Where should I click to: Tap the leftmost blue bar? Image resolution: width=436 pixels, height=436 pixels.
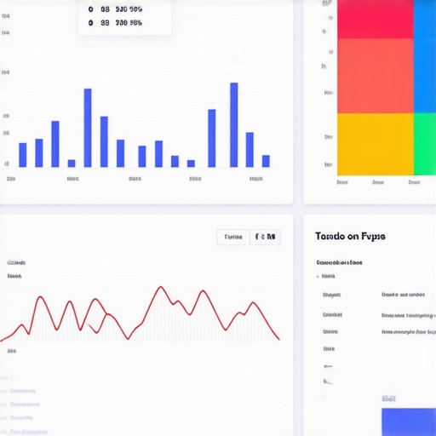(22, 155)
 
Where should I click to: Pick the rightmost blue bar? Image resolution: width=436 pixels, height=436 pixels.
(266, 161)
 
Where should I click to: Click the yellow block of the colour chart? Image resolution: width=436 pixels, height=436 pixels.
(375, 144)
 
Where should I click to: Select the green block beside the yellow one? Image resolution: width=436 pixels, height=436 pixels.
(424, 144)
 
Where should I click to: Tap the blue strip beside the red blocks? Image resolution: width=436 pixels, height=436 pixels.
(424, 56)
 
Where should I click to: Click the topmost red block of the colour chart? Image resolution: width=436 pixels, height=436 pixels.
(375, 19)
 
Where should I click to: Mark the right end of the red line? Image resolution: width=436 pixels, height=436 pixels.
(278, 339)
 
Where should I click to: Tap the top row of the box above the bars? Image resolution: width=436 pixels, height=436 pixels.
(116, 9)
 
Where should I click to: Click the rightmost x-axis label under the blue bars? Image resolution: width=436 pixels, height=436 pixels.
(256, 180)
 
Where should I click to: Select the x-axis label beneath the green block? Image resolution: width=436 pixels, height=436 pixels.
(416, 181)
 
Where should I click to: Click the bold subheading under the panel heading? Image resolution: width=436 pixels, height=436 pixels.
(339, 262)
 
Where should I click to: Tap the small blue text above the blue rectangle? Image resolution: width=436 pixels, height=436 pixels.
(389, 398)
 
